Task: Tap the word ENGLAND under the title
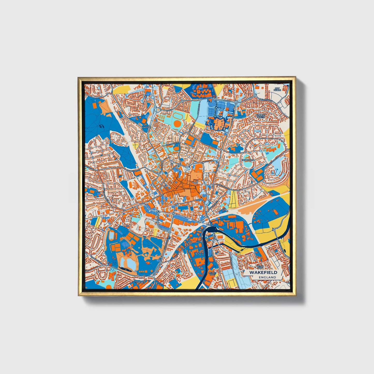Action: (267, 277)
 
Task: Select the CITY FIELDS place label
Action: (277, 89)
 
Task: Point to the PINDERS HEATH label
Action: (261, 116)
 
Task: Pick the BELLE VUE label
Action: (260, 267)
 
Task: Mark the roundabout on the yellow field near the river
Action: (274, 229)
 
